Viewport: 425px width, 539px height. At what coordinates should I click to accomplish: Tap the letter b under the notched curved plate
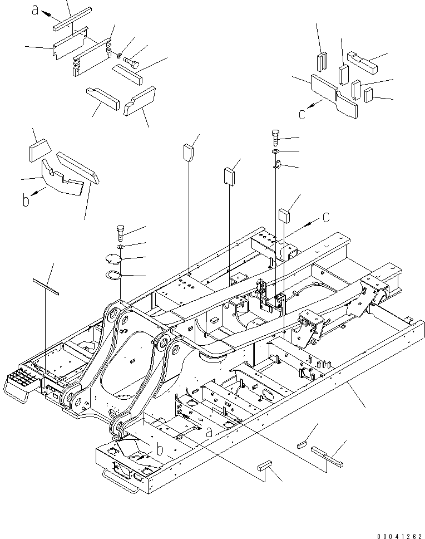click(x=26, y=200)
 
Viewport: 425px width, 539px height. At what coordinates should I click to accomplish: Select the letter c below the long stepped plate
click(x=302, y=114)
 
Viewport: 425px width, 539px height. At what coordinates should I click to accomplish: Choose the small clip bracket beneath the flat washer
click(x=279, y=164)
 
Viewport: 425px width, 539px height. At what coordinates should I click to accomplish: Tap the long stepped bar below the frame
click(x=327, y=455)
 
